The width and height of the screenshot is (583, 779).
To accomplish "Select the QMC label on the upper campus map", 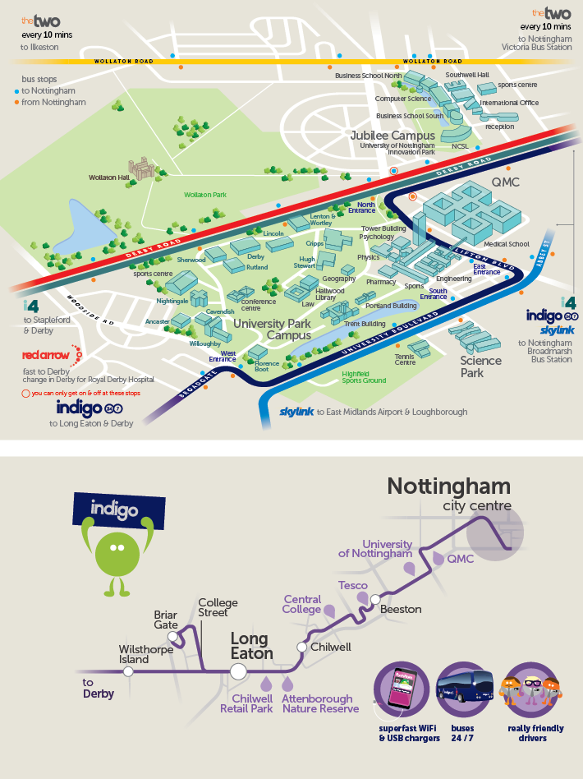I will (505, 182).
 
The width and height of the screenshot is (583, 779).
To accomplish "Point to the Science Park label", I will (481, 366).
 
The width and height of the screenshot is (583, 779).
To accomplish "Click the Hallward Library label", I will (330, 293).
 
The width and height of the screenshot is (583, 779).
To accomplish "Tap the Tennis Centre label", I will (405, 360).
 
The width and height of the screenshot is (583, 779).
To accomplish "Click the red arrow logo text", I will (46, 355).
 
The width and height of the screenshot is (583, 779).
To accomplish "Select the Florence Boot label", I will (268, 366).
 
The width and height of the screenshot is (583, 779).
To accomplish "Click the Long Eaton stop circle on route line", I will (238, 671).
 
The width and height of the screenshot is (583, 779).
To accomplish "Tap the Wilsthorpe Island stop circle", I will (128, 671).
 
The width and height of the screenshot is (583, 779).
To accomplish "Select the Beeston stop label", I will (401, 609).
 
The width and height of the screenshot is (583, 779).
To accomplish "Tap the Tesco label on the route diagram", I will (353, 585).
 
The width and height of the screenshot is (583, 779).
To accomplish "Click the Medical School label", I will (507, 243).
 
